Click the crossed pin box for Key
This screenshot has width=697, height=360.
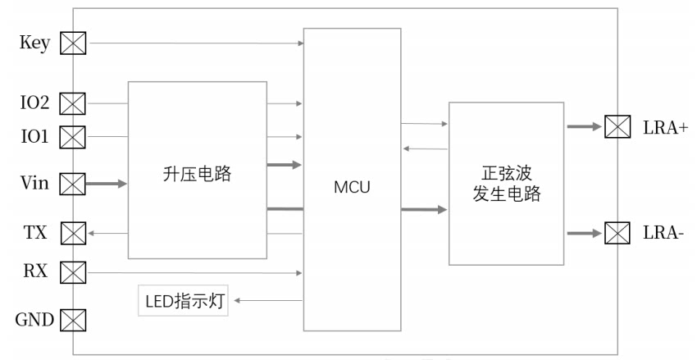click(x=73, y=43)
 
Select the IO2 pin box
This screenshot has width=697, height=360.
click(x=72, y=103)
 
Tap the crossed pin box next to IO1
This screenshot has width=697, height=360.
click(x=72, y=137)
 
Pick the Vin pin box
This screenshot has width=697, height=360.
click(x=72, y=184)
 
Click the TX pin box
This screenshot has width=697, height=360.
click(x=73, y=234)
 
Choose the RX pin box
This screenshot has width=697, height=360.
click(x=73, y=272)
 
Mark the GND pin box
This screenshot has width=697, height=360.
click(x=73, y=321)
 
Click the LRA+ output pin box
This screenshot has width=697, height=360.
click(x=617, y=126)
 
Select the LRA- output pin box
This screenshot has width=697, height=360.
click(x=617, y=233)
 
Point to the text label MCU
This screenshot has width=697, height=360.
click(x=352, y=187)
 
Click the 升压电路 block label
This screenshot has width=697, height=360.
click(x=197, y=174)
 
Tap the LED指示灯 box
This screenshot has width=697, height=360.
click(x=183, y=301)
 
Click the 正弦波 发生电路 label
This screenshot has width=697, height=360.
click(x=506, y=184)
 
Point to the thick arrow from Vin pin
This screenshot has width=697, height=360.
click(x=107, y=183)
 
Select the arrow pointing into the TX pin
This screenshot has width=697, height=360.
click(x=107, y=233)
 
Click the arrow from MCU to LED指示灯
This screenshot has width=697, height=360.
click(x=268, y=300)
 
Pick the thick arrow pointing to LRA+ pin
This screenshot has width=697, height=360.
click(x=585, y=126)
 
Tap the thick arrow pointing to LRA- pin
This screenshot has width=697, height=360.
click(x=585, y=233)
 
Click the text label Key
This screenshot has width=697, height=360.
click(x=34, y=43)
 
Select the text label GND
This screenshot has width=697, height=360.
click(x=34, y=320)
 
